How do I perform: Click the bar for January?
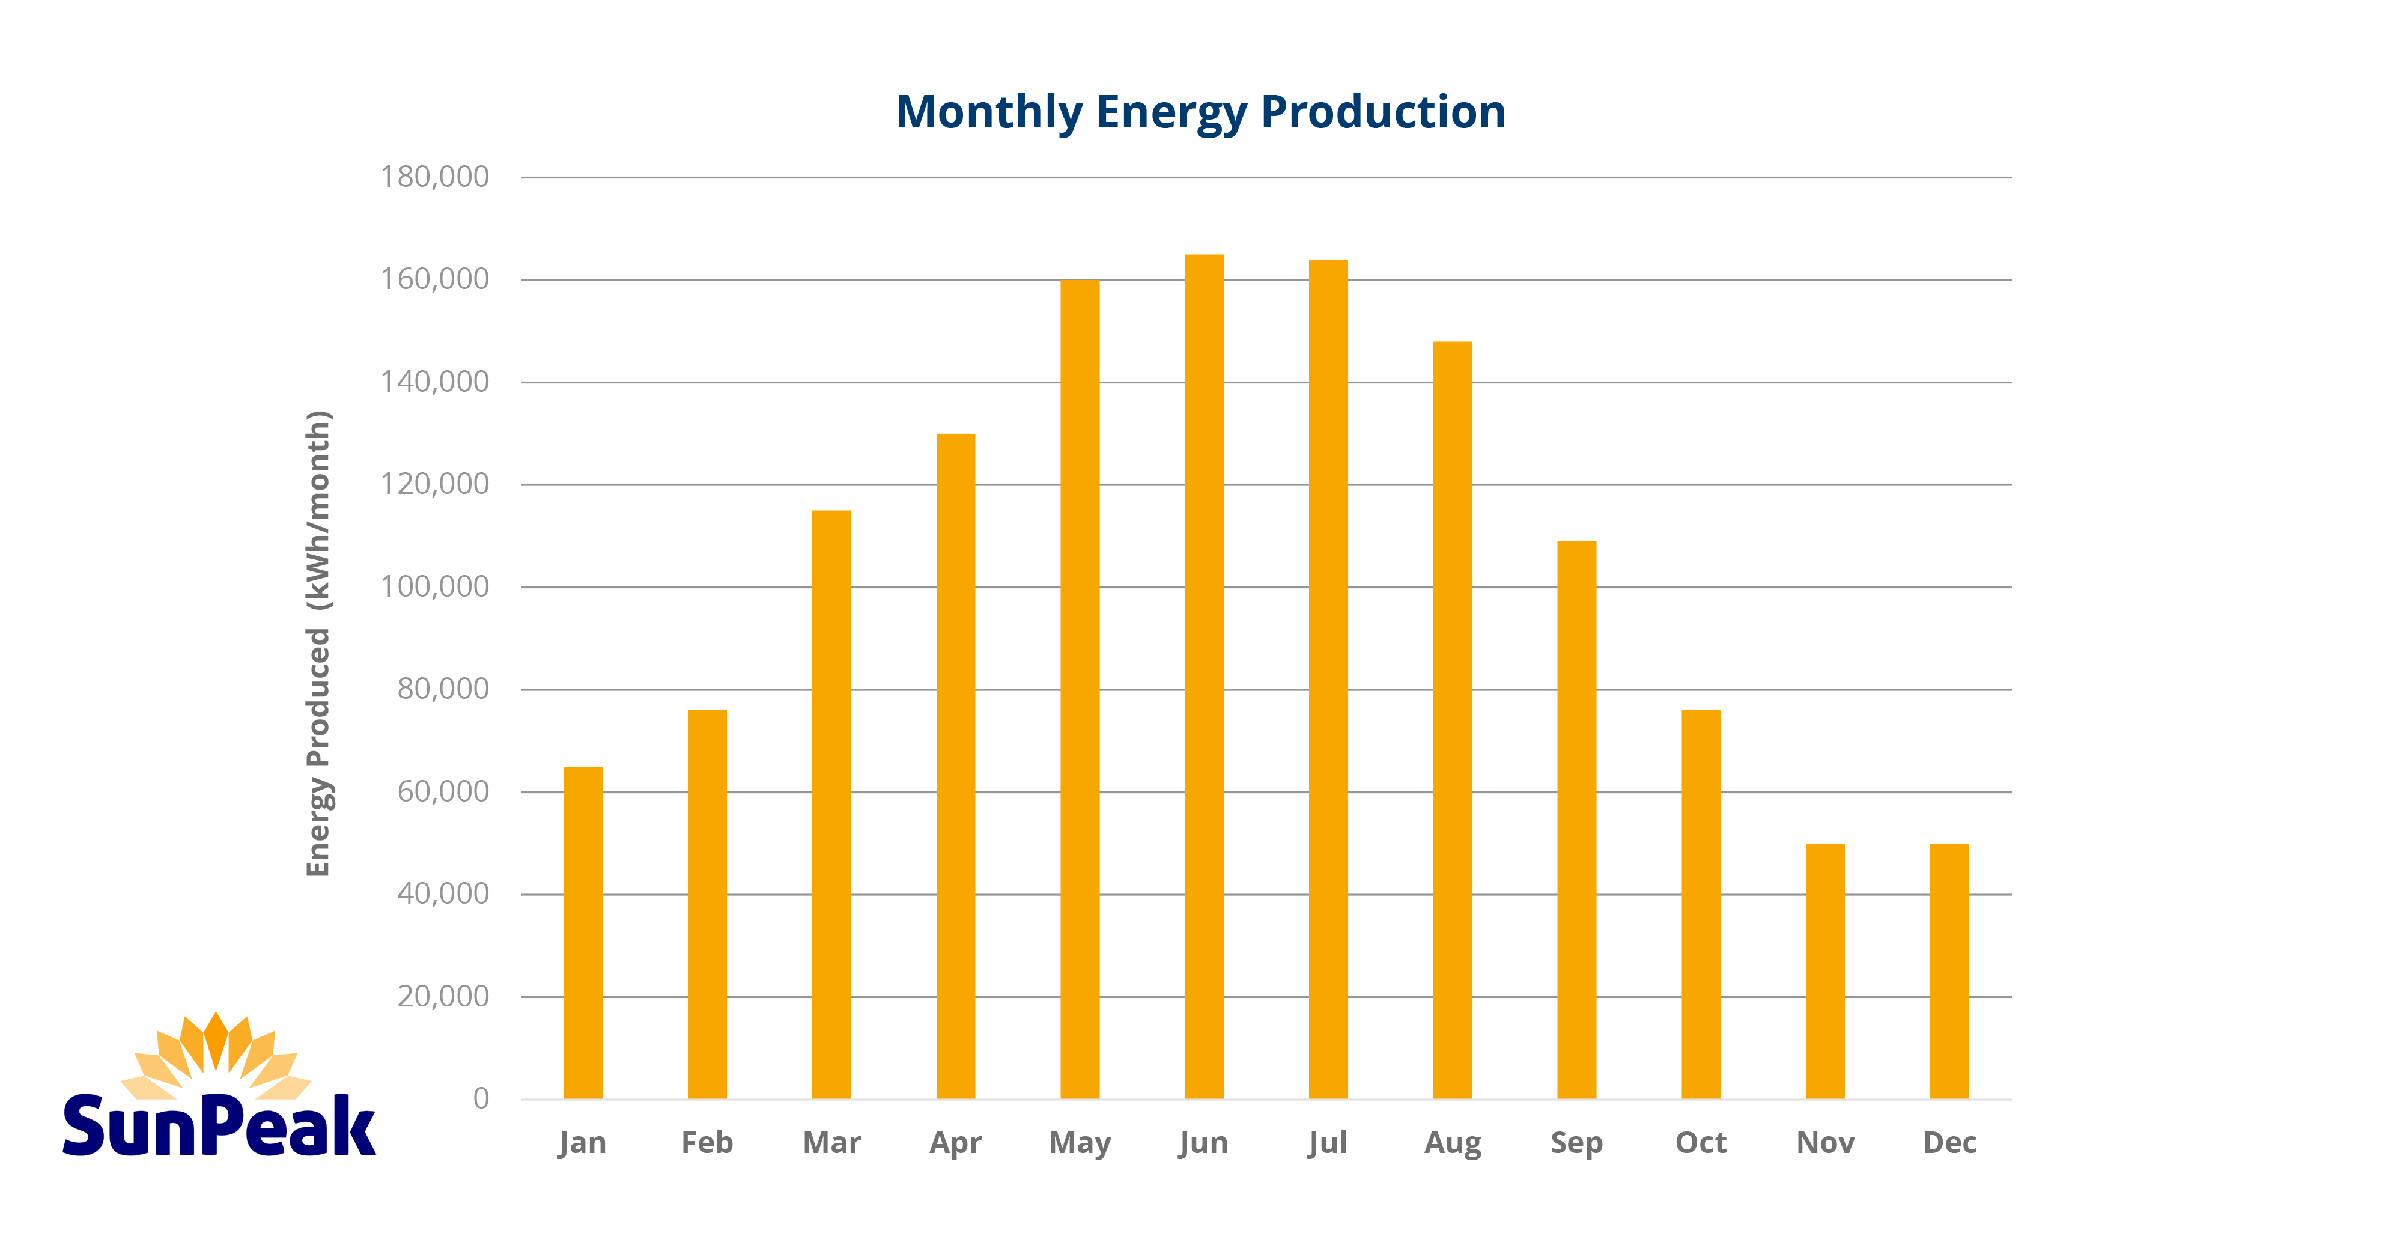(x=583, y=933)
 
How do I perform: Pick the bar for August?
(x=1453, y=719)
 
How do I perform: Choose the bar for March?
(x=831, y=805)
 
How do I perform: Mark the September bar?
(x=1576, y=820)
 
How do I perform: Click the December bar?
(x=1949, y=970)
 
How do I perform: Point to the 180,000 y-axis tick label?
(x=435, y=177)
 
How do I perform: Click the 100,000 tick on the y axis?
(x=435, y=586)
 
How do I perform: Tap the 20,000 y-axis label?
(x=443, y=996)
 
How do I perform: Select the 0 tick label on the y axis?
(x=481, y=1098)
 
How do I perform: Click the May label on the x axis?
(x=1080, y=1142)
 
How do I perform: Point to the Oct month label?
(x=1701, y=1142)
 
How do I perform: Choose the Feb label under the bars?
(x=707, y=1142)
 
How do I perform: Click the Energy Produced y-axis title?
(x=319, y=644)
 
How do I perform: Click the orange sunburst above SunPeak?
(x=216, y=1055)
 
